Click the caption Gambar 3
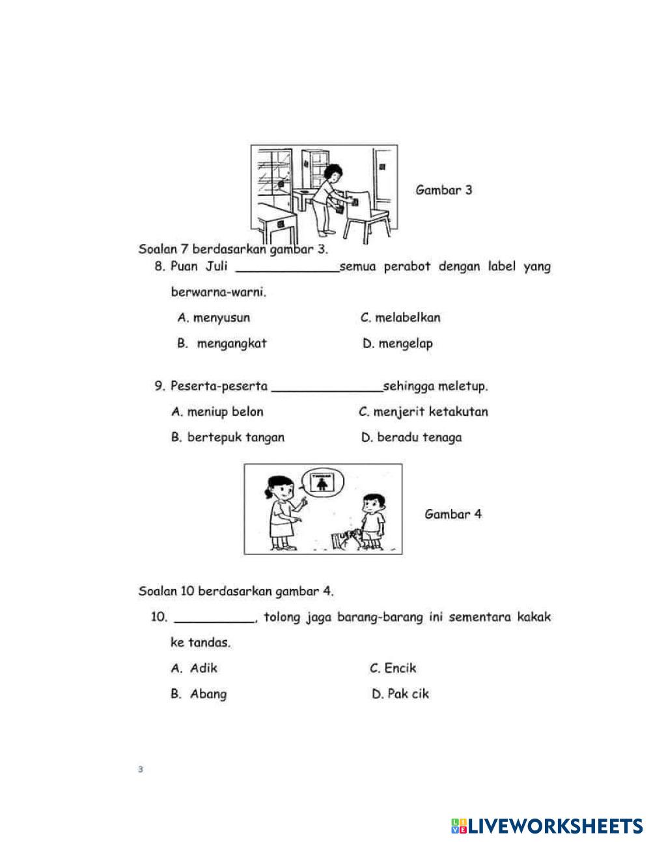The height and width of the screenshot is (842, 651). pos(443,190)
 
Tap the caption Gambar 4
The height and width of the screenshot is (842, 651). pos(453,514)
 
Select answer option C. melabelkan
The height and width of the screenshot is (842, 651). pos(400,318)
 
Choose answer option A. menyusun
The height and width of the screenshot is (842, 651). pos(214,318)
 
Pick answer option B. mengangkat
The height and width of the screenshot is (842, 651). pos(222,344)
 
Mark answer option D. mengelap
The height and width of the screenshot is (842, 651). pos(397,344)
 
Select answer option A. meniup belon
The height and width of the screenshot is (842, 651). pos(217,412)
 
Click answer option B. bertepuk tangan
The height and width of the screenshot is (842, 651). pos(227,437)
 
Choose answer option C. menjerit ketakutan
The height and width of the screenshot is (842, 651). pos(423,412)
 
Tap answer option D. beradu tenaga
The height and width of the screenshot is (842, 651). pos(411,437)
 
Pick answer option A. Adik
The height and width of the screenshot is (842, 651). pos(194,668)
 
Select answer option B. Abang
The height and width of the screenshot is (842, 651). pos(199,694)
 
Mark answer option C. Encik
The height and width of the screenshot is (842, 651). pos(393,668)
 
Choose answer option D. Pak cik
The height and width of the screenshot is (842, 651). pos(400,694)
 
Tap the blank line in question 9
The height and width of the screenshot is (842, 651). pos(327,390)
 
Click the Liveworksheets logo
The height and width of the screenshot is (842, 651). pos(546,826)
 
